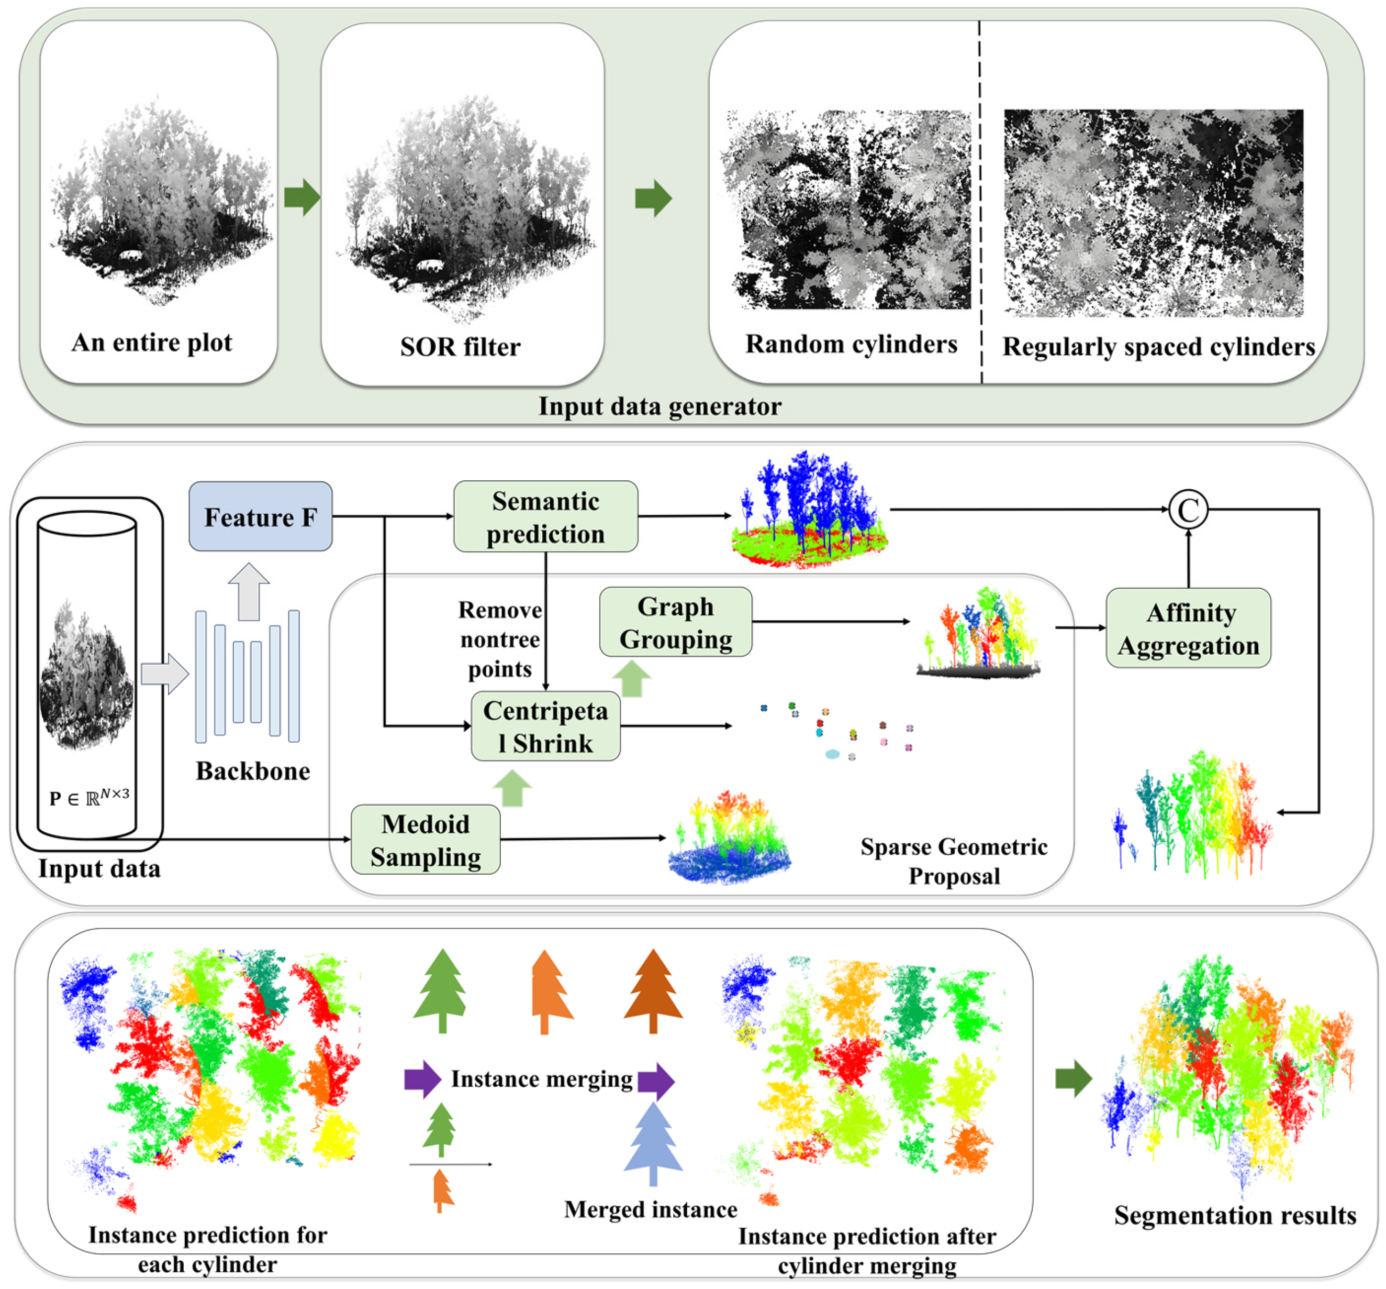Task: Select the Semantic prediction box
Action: click(x=545, y=517)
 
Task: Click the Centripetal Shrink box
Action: click(x=545, y=726)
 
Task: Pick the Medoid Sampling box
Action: click(x=426, y=840)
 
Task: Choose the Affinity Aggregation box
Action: click(x=1188, y=629)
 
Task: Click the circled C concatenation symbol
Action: click(x=1188, y=510)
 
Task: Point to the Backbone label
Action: click(x=252, y=771)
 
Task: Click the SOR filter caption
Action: click(x=460, y=347)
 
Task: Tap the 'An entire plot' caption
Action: click(x=151, y=343)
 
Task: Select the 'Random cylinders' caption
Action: click(x=851, y=344)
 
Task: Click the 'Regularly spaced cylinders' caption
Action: click(x=1158, y=347)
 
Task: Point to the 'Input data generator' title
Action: click(x=660, y=406)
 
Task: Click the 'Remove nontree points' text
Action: click(x=499, y=640)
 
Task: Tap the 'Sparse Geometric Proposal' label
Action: click(x=953, y=861)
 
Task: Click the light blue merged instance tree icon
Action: click(x=653, y=1144)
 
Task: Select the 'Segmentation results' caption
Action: click(x=1234, y=1215)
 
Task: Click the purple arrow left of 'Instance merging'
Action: click(x=422, y=1079)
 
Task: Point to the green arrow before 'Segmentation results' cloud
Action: click(x=1073, y=1079)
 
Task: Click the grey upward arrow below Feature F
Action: click(x=249, y=591)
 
